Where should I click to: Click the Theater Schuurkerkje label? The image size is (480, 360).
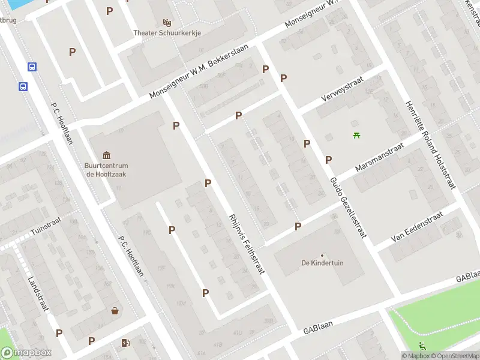(x=167, y=34)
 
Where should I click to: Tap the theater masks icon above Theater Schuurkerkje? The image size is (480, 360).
(x=167, y=22)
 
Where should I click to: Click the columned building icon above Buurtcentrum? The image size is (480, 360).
(x=107, y=155)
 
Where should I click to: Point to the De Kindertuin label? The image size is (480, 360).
(x=322, y=263)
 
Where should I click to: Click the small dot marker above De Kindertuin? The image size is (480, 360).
(x=322, y=255)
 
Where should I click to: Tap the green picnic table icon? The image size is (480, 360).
(x=357, y=135)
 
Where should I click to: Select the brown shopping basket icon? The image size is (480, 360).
(x=115, y=310)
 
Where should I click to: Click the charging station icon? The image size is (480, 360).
(x=125, y=343)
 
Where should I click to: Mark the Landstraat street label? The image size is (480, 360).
(x=38, y=292)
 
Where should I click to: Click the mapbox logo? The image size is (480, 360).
(x=26, y=352)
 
